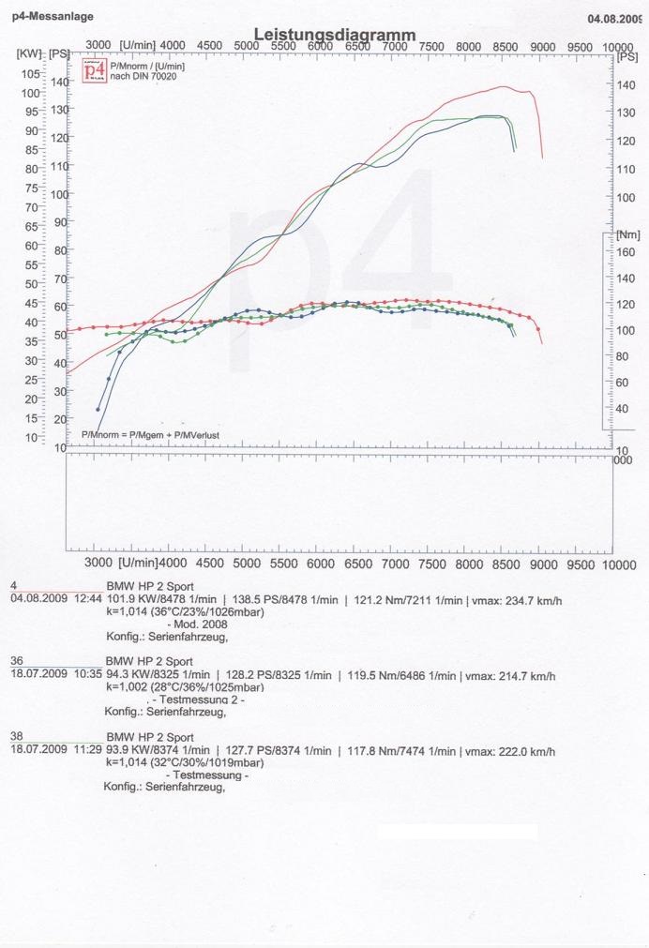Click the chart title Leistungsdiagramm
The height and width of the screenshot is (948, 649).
[x=334, y=35]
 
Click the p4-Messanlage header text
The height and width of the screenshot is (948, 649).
[x=53, y=17]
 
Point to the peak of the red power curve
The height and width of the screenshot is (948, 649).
[x=504, y=87]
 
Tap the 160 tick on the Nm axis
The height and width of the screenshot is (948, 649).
[x=624, y=252]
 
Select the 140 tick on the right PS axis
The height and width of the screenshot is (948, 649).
[x=626, y=85]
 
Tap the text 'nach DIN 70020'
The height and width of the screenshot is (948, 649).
[x=143, y=76]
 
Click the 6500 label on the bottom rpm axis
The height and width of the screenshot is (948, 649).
[x=357, y=563]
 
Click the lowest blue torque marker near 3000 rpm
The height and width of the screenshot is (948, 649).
[x=98, y=409]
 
